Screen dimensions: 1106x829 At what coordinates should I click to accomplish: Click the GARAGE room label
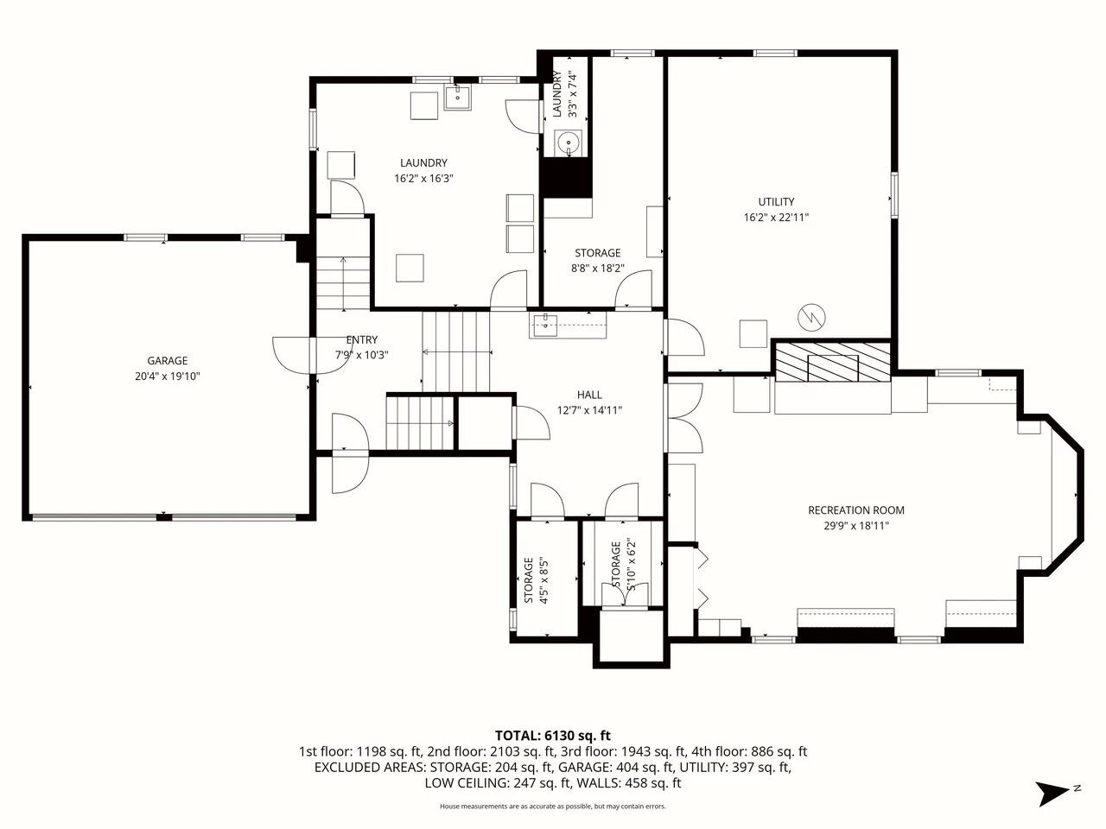168,360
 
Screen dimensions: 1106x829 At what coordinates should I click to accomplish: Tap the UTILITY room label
776,202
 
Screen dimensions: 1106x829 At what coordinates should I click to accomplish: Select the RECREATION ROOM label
856,509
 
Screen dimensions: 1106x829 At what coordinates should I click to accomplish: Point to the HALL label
589,395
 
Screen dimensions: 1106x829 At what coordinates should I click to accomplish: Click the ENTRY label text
362,339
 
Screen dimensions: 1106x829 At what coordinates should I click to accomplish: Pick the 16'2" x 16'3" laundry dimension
423,178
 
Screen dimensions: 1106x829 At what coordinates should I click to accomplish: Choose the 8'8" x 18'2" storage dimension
598,269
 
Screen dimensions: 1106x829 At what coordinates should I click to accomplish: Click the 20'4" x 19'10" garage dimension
168,376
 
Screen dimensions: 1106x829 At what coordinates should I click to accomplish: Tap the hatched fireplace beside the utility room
832,362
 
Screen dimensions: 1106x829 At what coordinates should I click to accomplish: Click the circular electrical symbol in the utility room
811,318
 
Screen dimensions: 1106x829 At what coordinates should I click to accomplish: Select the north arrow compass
1057,794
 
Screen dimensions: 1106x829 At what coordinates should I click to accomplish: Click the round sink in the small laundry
569,143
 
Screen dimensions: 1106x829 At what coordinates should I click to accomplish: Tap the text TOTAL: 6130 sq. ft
553,736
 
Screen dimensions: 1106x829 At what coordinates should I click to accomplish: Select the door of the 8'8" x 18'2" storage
633,289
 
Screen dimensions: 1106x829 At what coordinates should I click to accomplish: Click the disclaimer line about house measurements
553,807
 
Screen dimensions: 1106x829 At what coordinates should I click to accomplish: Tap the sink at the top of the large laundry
457,97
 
